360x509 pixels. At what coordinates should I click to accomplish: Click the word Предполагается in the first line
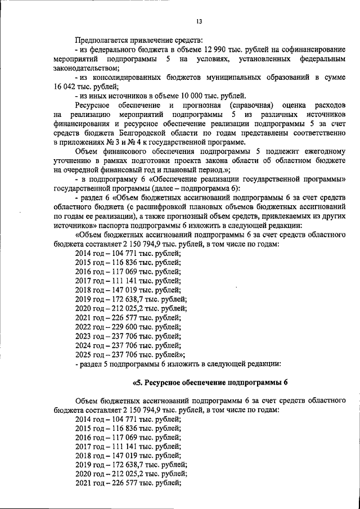(100, 39)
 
